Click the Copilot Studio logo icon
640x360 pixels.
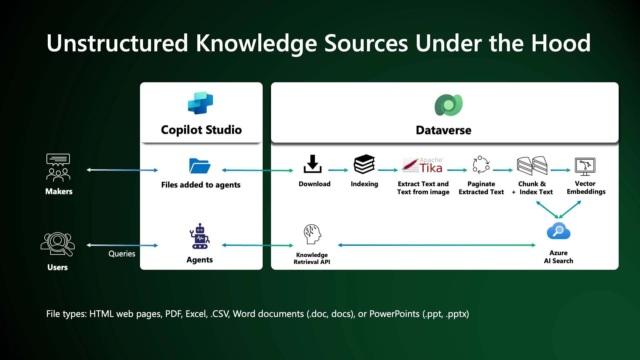pos(200,103)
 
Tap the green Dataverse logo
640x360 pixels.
pos(448,105)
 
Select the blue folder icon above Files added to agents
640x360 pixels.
pos(200,166)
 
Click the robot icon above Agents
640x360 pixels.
pos(200,236)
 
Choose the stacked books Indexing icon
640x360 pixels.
pos(364,164)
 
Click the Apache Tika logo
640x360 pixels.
pos(423,165)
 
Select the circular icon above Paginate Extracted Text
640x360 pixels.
pos(481,165)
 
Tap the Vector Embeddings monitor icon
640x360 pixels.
pos(585,166)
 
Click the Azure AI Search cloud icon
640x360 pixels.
pos(558,231)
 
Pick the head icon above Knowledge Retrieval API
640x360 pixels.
pos(312,234)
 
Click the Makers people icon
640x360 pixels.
pos(58,167)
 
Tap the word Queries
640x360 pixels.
pos(122,254)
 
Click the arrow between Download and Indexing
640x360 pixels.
pos(338,170)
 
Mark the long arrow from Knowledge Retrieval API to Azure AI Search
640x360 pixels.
pos(437,245)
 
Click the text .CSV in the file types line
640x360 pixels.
pos(220,314)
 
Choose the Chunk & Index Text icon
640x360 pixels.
pos(532,166)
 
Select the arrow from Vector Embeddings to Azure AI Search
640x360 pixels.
pos(570,209)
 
